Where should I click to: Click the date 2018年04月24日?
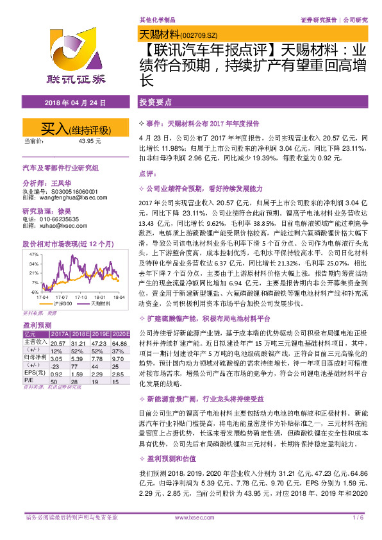point(70,103)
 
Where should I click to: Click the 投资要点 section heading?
point(156,102)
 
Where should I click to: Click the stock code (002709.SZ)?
point(202,35)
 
